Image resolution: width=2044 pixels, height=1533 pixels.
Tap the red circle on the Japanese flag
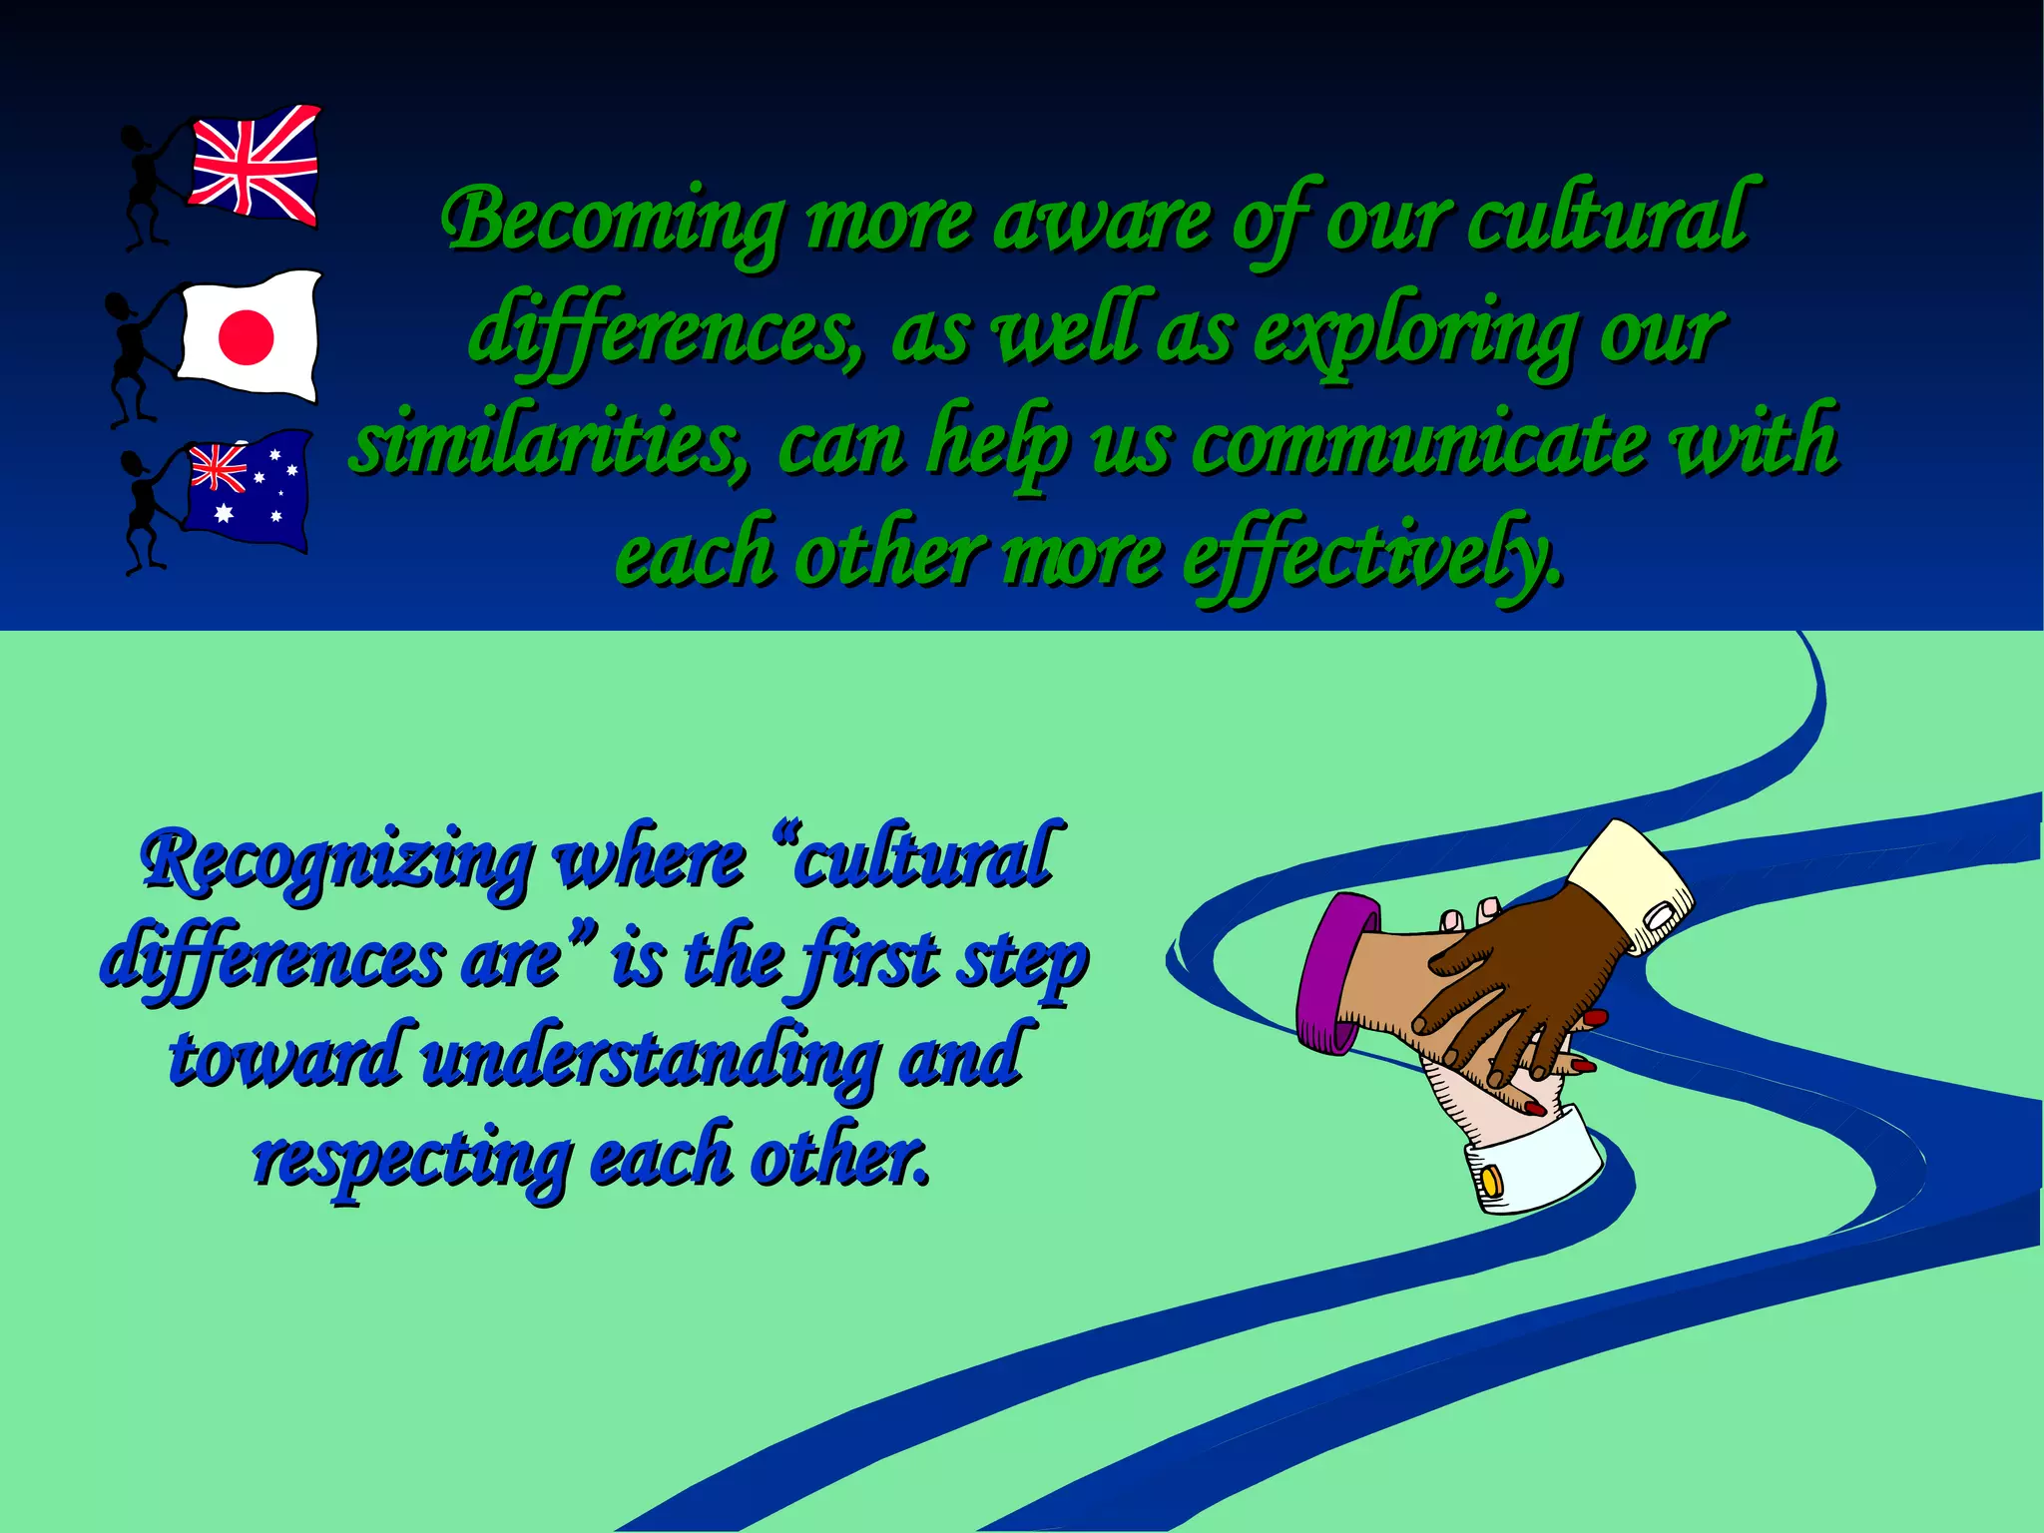246,336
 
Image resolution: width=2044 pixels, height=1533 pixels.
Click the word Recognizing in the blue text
336,860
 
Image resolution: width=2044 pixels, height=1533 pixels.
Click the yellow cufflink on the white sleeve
1489,1181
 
